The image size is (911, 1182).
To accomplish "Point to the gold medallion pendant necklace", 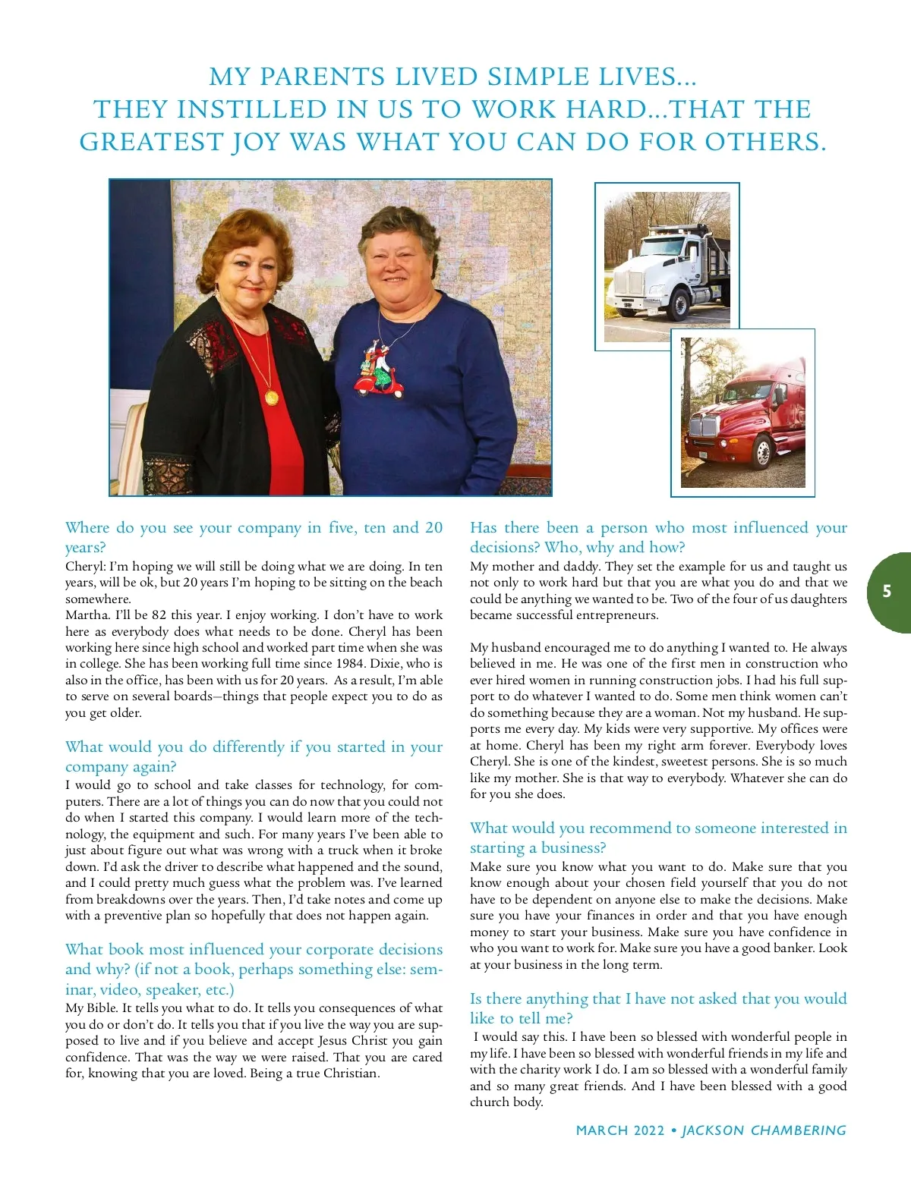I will [270, 397].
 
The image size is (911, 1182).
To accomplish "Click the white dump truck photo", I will [667, 267].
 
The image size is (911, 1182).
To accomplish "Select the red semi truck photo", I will [742, 413].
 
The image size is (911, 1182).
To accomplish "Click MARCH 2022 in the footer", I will [619, 1130].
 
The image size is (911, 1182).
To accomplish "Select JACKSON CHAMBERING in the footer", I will [764, 1130].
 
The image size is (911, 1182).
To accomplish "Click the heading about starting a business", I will [658, 838].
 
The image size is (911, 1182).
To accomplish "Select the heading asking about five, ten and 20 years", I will [254, 537].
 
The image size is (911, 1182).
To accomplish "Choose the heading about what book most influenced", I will [254, 969].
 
